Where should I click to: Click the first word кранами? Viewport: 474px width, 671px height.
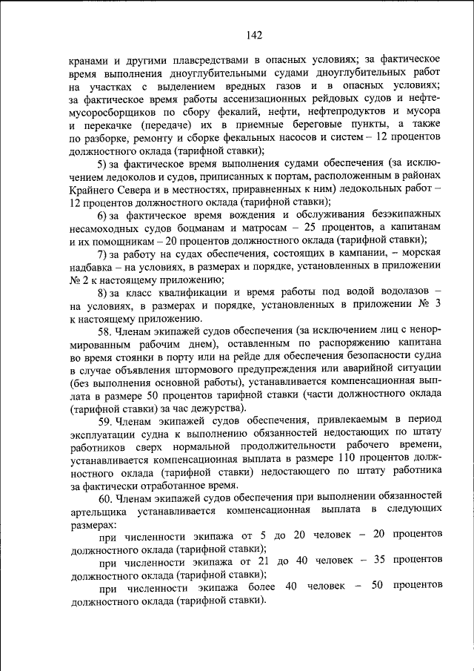coord(90,59)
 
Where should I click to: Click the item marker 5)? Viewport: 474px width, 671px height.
coord(104,163)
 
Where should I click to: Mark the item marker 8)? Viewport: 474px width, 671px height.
coord(104,293)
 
